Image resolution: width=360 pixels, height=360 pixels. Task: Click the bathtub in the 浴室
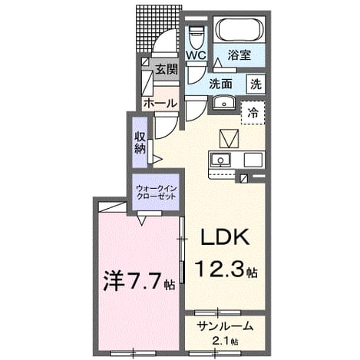[x=239, y=29]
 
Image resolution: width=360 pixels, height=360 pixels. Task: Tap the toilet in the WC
[x=196, y=37]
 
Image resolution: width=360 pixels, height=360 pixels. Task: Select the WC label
[x=196, y=55]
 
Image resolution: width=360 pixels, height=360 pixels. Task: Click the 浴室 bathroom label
[x=239, y=55]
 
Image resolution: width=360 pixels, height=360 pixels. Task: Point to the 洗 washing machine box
[x=256, y=84]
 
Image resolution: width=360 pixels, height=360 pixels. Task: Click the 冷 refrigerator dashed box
[x=253, y=113]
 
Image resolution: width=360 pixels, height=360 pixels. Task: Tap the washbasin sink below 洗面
[x=224, y=103]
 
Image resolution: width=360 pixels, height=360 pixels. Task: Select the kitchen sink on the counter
[x=220, y=160]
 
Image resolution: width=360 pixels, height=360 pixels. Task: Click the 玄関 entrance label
[x=167, y=69]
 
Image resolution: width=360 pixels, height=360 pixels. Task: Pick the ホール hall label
[x=160, y=104]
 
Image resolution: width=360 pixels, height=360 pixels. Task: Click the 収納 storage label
[x=140, y=143]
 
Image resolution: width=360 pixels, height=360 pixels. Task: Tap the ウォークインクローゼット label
[x=157, y=193]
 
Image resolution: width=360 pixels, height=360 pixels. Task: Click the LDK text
[x=225, y=236]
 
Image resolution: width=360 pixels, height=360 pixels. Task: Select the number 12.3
[x=220, y=268]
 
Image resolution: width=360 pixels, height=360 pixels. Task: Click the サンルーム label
[x=225, y=326]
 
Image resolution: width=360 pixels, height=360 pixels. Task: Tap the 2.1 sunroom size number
[x=221, y=341]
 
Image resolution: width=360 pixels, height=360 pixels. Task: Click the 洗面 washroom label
[x=221, y=84]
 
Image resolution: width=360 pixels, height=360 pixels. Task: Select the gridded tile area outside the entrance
[x=158, y=29]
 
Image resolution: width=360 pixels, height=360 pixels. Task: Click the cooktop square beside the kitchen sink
[x=253, y=160]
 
